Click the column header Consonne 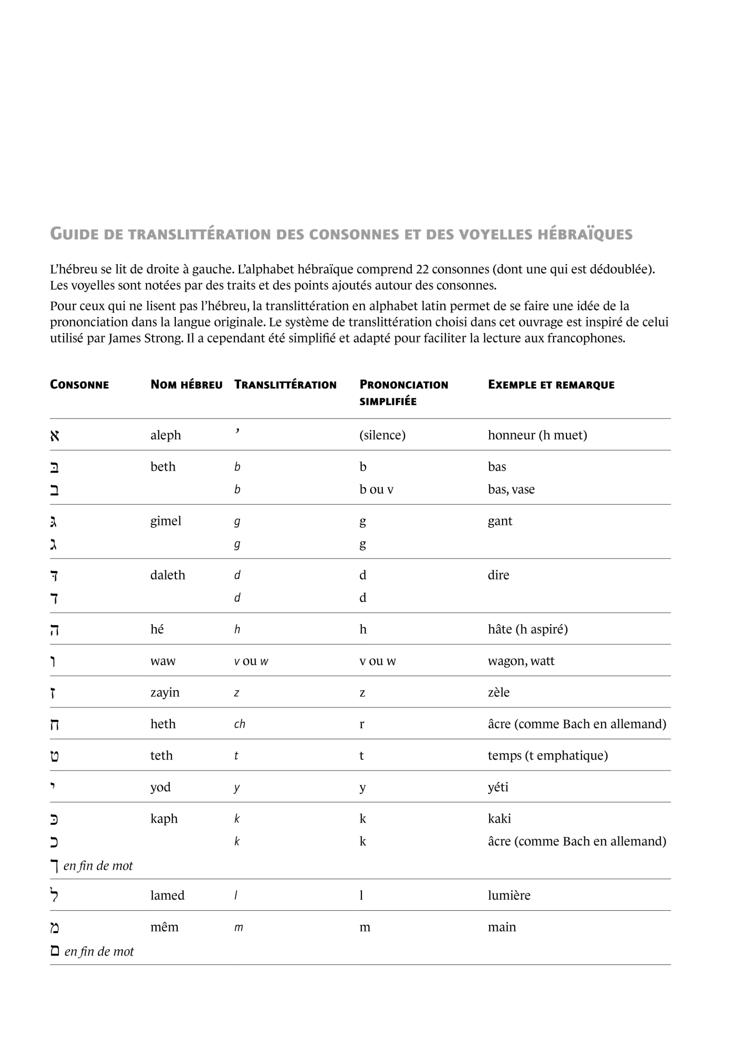pyautogui.click(x=79, y=385)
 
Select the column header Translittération pyautogui.click(x=285, y=385)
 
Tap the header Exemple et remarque pyautogui.click(x=551, y=385)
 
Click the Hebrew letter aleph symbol pyautogui.click(x=55, y=435)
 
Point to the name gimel pyautogui.click(x=165, y=521)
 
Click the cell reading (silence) pyautogui.click(x=382, y=435)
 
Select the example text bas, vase pyautogui.click(x=511, y=489)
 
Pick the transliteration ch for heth pyautogui.click(x=239, y=724)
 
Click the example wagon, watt pyautogui.click(x=521, y=661)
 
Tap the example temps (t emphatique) pyautogui.click(x=547, y=756)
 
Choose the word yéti pyautogui.click(x=498, y=787)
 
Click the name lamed pyautogui.click(x=167, y=895)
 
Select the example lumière pyautogui.click(x=509, y=895)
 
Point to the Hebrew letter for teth pyautogui.click(x=55, y=756)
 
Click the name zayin pyautogui.click(x=164, y=692)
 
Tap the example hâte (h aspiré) pyautogui.click(x=527, y=629)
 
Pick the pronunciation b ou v pyautogui.click(x=376, y=489)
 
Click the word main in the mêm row pyautogui.click(x=501, y=927)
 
